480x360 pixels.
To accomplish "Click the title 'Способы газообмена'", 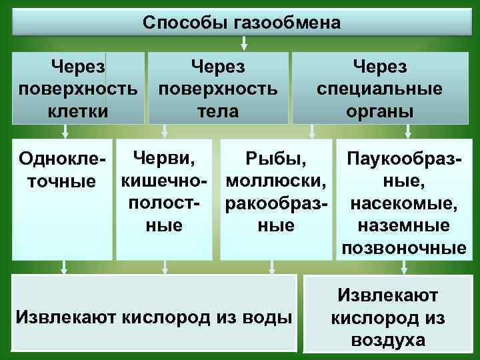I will click(241, 23).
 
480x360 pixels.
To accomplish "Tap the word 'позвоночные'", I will click(403, 248).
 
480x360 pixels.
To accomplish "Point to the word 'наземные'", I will click(403, 225).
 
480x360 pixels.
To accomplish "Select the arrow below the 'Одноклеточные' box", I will click(63, 267).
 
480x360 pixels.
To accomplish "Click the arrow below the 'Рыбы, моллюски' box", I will click(271, 267).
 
